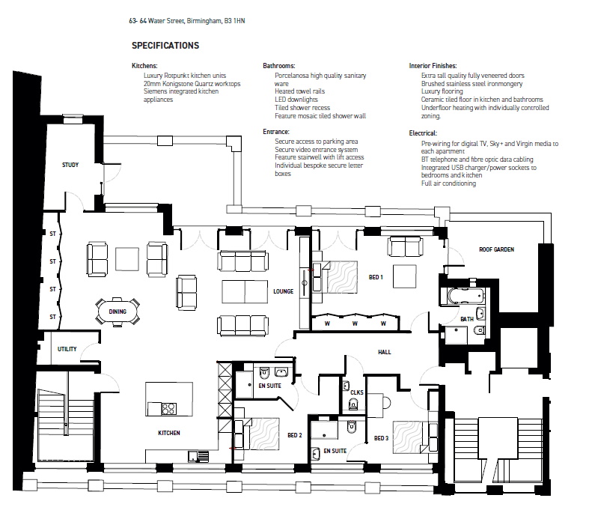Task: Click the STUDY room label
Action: click(70, 165)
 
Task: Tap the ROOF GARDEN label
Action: click(497, 249)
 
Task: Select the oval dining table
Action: click(118, 312)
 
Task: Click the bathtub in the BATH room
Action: click(466, 296)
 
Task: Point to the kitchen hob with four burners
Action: click(168, 409)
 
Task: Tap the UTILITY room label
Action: click(67, 349)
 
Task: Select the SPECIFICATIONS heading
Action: click(165, 46)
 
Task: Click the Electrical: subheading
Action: click(423, 133)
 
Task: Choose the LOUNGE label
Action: click(283, 291)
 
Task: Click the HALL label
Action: click(384, 352)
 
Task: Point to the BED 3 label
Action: click(381, 438)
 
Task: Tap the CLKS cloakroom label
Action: click(357, 392)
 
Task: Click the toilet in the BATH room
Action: click(479, 330)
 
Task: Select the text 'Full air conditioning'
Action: click(448, 183)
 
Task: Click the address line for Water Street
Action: click(186, 21)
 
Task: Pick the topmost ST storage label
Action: click(52, 234)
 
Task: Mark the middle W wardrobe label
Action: click(355, 324)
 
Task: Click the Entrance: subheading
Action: click(276, 132)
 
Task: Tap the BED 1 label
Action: click(376, 277)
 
